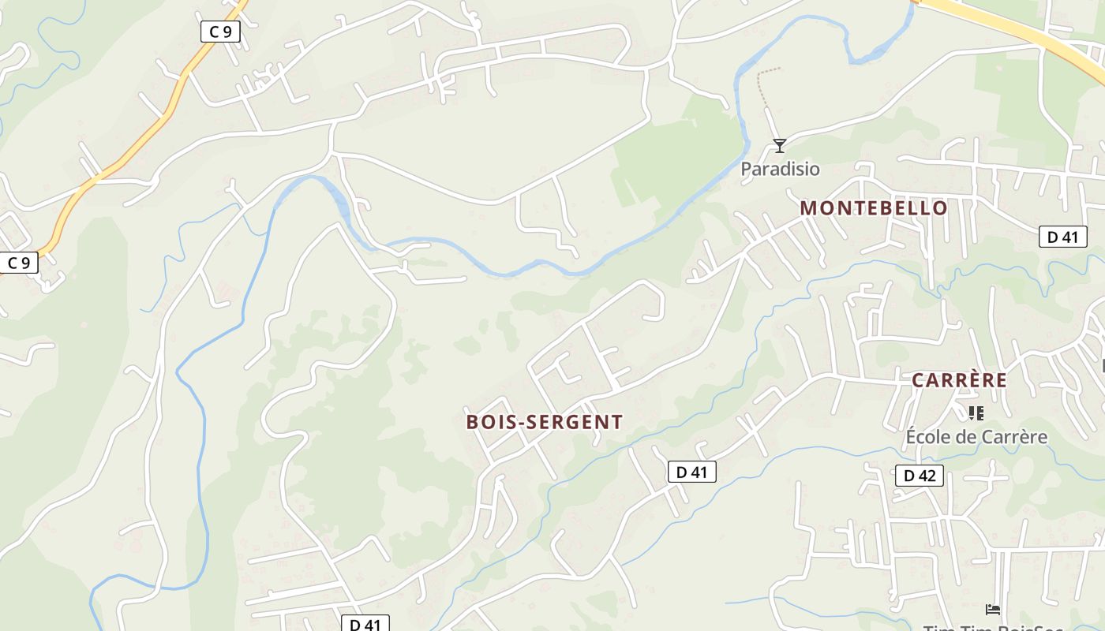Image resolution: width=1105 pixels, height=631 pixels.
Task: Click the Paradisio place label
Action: pyautogui.click(x=780, y=169)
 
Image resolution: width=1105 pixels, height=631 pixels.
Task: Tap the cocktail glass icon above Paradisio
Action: pyautogui.click(x=780, y=145)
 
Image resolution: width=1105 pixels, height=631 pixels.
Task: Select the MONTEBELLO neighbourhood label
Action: pyautogui.click(x=874, y=208)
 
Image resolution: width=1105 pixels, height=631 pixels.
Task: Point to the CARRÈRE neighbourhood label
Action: pyautogui.click(x=959, y=380)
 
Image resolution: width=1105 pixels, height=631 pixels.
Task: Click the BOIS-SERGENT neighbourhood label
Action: pyautogui.click(x=545, y=422)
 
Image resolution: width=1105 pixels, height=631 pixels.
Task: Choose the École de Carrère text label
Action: pyautogui.click(x=976, y=437)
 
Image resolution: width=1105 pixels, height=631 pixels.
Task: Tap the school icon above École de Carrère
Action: pyautogui.click(x=976, y=413)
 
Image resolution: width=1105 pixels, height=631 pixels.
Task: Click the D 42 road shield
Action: pyautogui.click(x=920, y=476)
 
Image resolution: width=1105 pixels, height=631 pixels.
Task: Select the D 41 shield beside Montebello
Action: pyautogui.click(x=1062, y=237)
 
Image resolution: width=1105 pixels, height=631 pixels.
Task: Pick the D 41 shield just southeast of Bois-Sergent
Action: pyautogui.click(x=692, y=472)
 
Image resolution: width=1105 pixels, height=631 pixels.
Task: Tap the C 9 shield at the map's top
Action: pyautogui.click(x=220, y=32)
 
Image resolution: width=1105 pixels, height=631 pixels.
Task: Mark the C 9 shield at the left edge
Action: pyautogui.click(x=19, y=263)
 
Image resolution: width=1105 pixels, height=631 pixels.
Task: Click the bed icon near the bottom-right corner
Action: pyautogui.click(x=993, y=609)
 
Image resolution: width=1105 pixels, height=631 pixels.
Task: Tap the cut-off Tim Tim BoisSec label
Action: pyautogui.click(x=993, y=628)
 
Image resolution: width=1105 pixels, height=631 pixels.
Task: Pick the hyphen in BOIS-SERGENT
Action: pyautogui.click(x=520, y=423)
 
